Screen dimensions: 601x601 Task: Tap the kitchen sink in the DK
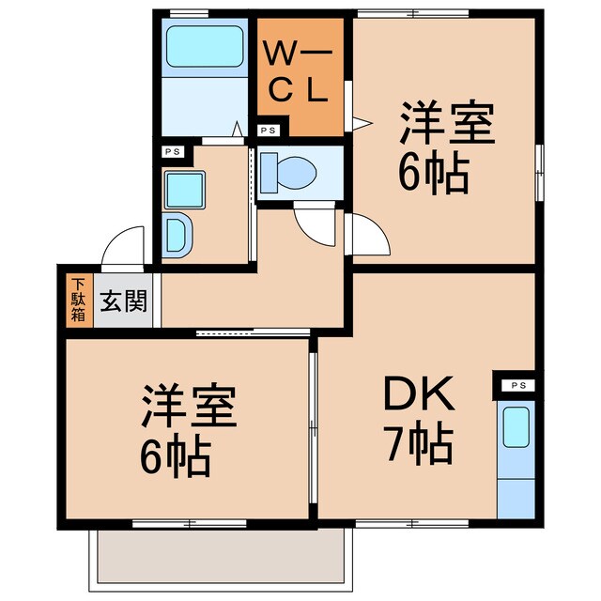[516, 428]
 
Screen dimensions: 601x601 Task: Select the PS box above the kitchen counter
[516, 385]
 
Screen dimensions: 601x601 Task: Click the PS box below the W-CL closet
[269, 131]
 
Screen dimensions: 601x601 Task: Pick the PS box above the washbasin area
[173, 150]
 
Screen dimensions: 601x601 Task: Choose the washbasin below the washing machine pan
[177, 235]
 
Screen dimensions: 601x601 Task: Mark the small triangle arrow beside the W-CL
[359, 120]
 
